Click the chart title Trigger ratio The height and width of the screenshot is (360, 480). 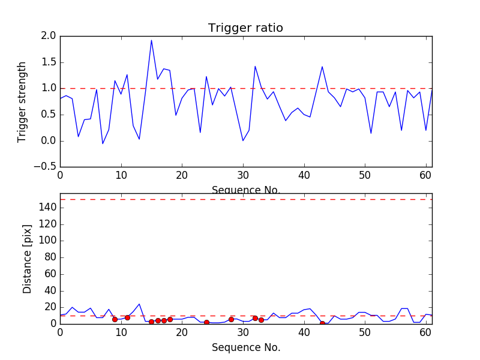pyautogui.click(x=245, y=28)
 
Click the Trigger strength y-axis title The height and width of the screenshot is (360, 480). pyautogui.click(x=22, y=101)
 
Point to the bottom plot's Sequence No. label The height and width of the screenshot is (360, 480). pyautogui.click(x=245, y=347)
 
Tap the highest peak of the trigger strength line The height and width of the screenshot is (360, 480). pyautogui.click(x=151, y=40)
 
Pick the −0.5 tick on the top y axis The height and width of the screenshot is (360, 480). pyautogui.click(x=46, y=167)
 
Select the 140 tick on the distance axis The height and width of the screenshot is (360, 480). pyautogui.click(x=48, y=208)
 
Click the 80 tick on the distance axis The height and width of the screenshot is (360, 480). pyautogui.click(x=50, y=257)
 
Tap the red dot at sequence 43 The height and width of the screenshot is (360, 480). pyautogui.click(x=322, y=323)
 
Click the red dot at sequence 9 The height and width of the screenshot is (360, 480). pyautogui.click(x=115, y=319)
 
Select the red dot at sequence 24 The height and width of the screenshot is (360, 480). pyautogui.click(x=206, y=322)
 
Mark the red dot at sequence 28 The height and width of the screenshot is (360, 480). pyautogui.click(x=231, y=319)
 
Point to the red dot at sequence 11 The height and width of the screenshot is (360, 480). pyautogui.click(x=127, y=317)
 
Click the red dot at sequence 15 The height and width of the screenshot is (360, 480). pyautogui.click(x=151, y=322)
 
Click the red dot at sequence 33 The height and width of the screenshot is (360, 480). pyautogui.click(x=261, y=320)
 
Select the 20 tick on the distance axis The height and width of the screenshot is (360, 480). pyautogui.click(x=50, y=307)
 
